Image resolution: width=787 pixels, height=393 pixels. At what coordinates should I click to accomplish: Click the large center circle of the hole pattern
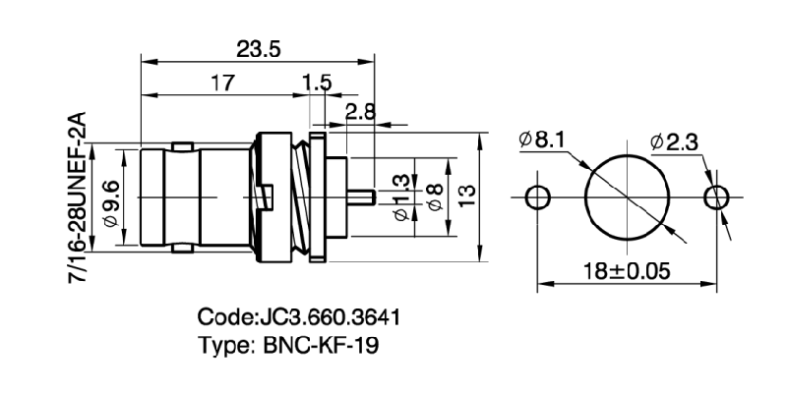pyautogui.click(x=626, y=196)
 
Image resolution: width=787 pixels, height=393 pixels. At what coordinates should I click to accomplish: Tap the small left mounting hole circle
pyautogui.click(x=537, y=196)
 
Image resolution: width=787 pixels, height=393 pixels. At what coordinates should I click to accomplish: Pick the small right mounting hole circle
pyautogui.click(x=716, y=196)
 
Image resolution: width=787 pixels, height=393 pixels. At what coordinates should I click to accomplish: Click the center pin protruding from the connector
pyautogui.click(x=361, y=196)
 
